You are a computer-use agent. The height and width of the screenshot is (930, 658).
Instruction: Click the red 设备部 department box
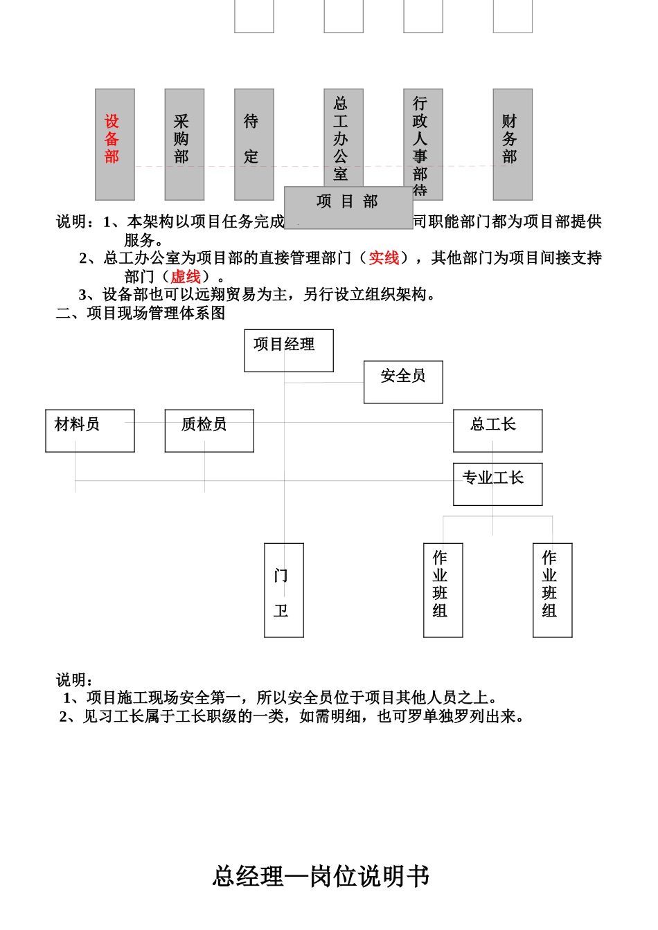115,144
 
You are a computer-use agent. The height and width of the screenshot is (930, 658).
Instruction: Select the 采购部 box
184,144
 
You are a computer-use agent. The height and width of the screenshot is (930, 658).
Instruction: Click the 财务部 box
513,144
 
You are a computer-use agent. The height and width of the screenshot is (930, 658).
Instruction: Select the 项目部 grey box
348,207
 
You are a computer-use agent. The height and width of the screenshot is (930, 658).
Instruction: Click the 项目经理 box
289,350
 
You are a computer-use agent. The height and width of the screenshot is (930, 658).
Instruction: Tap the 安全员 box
403,381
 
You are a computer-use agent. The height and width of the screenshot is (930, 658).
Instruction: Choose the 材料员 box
90,430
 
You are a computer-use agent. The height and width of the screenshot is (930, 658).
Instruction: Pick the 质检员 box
209,430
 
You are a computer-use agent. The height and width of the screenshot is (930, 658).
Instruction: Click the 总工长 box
497,430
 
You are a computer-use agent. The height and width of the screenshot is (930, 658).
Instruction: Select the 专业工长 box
497,484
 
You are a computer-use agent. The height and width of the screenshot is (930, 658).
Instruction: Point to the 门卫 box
284,590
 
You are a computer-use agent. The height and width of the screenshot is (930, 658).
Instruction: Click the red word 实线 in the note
384,258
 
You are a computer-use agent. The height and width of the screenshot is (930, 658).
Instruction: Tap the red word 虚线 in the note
186,277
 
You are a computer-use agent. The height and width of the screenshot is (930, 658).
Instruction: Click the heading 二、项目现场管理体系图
141,313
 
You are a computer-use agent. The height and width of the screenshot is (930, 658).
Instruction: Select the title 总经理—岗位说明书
321,876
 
